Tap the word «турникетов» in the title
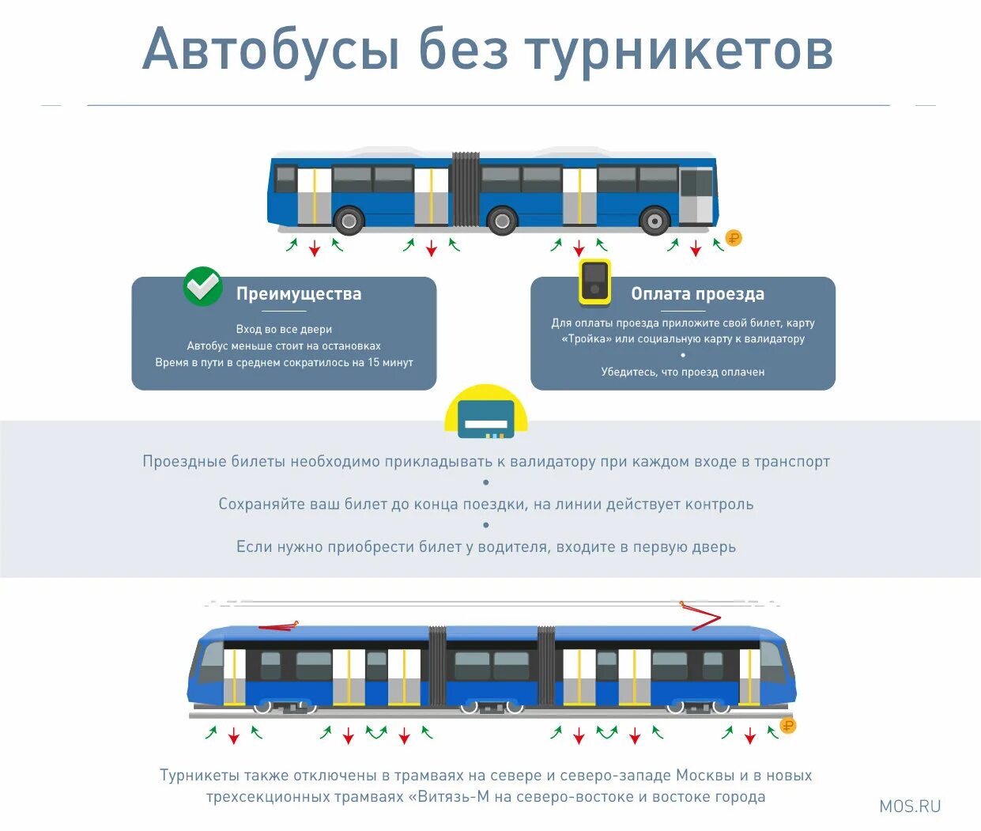679,50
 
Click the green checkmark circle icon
202,286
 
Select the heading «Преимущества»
299,294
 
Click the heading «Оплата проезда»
697,294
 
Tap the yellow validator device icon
594,281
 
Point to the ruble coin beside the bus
734,238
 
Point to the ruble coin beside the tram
787,725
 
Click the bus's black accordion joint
466,190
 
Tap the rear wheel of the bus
349,220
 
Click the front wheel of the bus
655,221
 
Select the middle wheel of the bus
502,221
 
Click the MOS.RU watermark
910,806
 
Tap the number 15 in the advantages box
374,362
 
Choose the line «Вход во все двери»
284,329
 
